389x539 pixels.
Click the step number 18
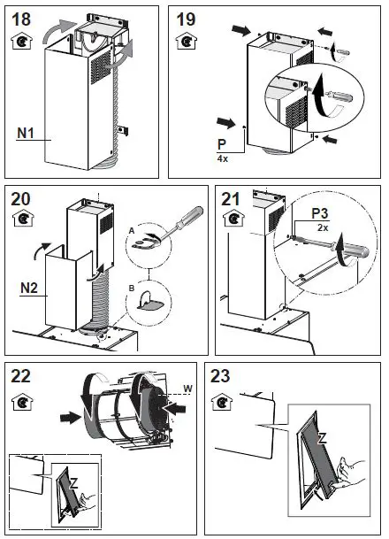[22, 19]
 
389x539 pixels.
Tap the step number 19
[187, 19]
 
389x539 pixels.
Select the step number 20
[22, 197]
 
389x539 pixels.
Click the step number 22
[22, 375]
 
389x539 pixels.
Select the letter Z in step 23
[321, 439]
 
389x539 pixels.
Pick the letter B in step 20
[132, 288]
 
